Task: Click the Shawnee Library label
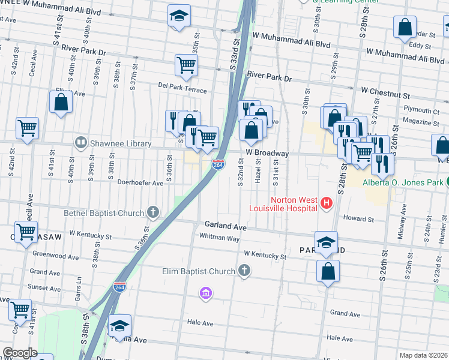112,143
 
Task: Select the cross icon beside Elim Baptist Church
244,271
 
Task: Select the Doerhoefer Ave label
140,183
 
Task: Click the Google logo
20,353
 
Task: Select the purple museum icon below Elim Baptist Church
205,293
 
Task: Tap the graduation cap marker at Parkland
326,242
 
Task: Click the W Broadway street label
267,153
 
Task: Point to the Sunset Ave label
44,288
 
